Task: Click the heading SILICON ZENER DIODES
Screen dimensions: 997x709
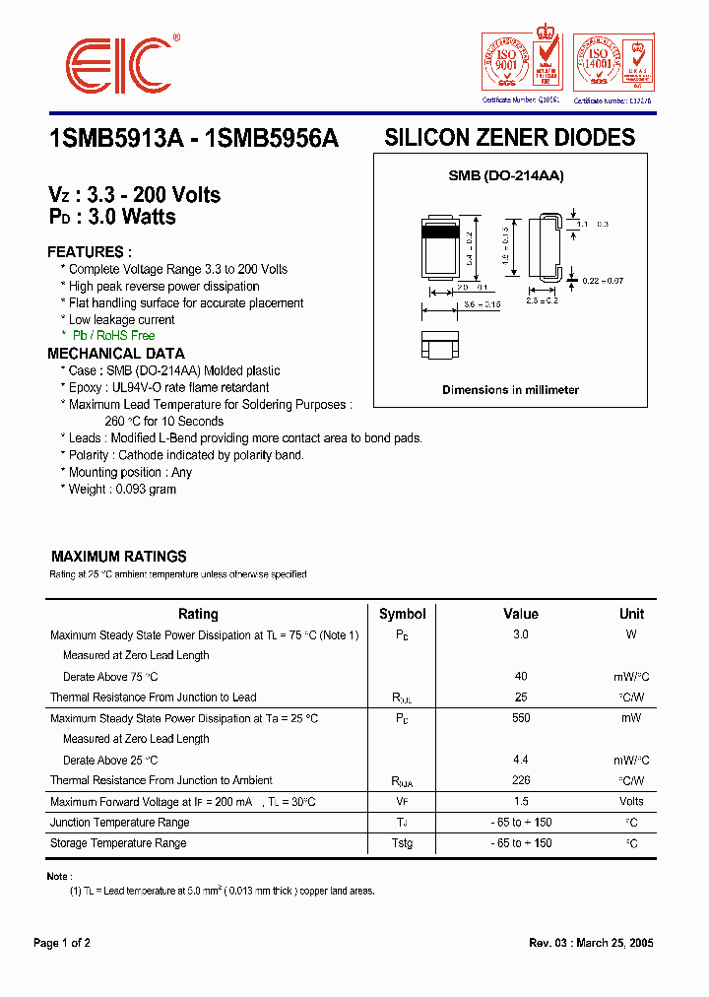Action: (509, 138)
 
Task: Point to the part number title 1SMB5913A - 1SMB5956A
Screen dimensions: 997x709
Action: (193, 139)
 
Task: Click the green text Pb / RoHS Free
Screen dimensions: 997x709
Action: (112, 337)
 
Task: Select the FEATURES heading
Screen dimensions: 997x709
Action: (89, 252)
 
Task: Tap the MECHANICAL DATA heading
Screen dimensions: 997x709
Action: (115, 354)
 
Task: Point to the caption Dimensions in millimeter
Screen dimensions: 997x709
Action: (510, 390)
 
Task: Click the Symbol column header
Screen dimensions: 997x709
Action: (402, 614)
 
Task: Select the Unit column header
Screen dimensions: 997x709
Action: (631, 614)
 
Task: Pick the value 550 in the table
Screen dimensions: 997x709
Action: (520, 718)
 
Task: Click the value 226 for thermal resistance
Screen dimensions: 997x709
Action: (520, 780)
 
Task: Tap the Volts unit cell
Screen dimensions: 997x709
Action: (631, 801)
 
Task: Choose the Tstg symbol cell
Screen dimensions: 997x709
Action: (402, 843)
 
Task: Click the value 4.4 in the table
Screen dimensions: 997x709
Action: (520, 760)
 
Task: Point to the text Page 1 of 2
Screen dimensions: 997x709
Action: (62, 943)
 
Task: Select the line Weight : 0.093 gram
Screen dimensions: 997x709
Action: (122, 490)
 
